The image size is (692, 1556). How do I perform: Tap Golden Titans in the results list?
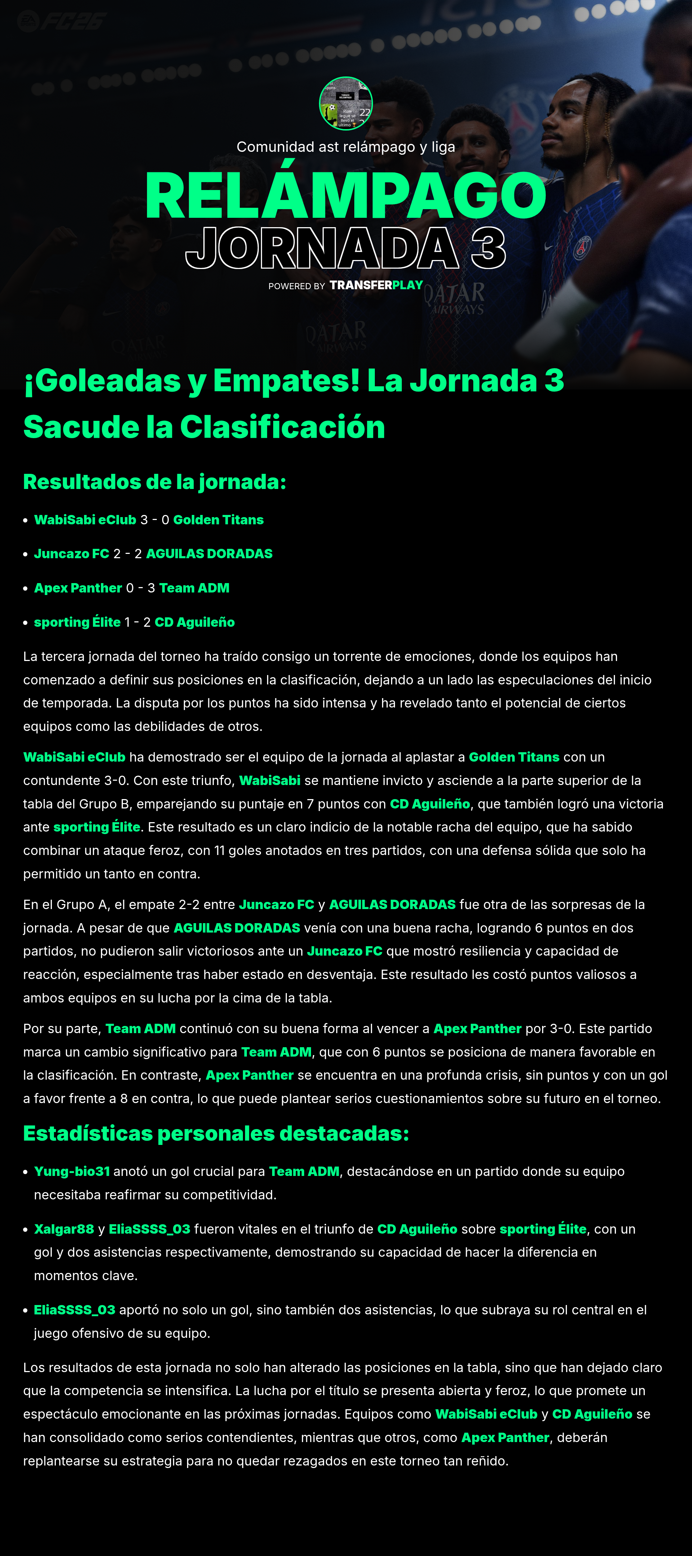[x=218, y=520]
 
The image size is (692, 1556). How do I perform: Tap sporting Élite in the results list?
[x=77, y=622]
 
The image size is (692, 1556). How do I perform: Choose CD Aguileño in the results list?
[x=194, y=622]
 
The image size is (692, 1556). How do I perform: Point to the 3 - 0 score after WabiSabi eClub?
[x=155, y=520]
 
